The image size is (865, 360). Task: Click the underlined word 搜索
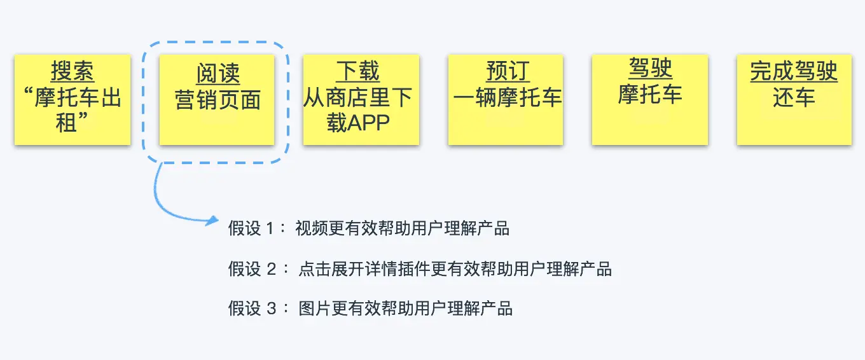point(73,71)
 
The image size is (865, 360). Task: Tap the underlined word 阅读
point(218,73)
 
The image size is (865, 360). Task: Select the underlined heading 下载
point(357,71)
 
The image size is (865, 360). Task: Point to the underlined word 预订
point(508,71)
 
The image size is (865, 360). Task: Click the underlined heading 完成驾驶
point(794,71)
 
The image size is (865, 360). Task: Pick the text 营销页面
point(218,100)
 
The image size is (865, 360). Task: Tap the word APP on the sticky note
point(369,123)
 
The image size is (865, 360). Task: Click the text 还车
point(794,97)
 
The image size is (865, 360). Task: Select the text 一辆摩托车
point(508,97)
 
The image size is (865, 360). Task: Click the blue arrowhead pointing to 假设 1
point(212,221)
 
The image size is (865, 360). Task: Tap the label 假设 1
point(251,228)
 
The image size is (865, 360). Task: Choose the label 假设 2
point(252,269)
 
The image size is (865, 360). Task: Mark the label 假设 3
point(252,308)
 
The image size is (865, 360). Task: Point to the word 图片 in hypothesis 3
point(315,308)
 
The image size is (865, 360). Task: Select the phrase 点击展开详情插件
point(364,269)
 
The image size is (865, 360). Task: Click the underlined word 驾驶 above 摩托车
point(650,68)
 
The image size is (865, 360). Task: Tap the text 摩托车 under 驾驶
point(650,94)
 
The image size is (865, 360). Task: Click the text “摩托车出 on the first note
point(73,97)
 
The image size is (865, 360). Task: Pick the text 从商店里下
point(357,97)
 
